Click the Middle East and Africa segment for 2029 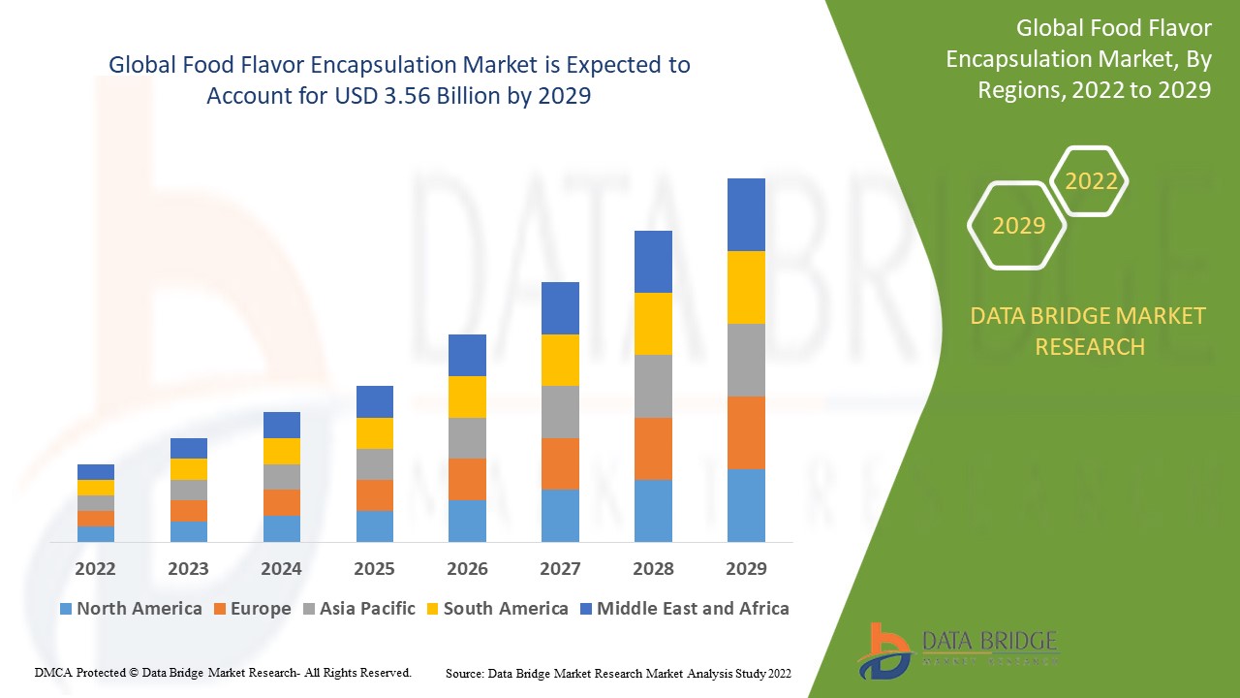tap(746, 214)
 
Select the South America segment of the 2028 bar tap(653, 323)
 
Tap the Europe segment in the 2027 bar tap(560, 463)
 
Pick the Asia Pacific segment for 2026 tap(467, 437)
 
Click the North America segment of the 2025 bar tap(374, 525)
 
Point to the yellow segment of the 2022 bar tap(96, 487)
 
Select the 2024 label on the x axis tap(281, 568)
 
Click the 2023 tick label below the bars tap(188, 568)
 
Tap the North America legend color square tap(66, 609)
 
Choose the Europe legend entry tap(260, 609)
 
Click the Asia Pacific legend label tap(367, 609)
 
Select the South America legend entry tap(505, 609)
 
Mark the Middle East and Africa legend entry tap(693, 609)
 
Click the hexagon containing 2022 tap(1091, 181)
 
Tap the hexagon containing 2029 tap(1018, 226)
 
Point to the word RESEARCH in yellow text tap(1090, 346)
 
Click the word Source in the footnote tap(464, 672)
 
